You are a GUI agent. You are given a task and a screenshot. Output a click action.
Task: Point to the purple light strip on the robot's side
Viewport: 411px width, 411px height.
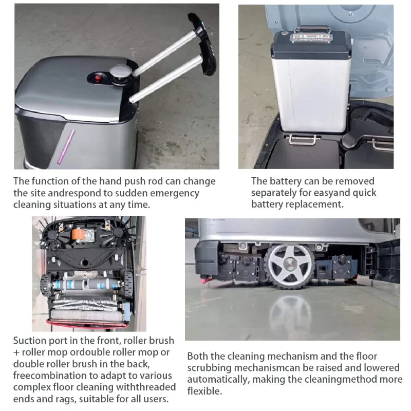(66, 147)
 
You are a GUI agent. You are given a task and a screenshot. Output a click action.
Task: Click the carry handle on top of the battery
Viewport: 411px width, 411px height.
(312, 32)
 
